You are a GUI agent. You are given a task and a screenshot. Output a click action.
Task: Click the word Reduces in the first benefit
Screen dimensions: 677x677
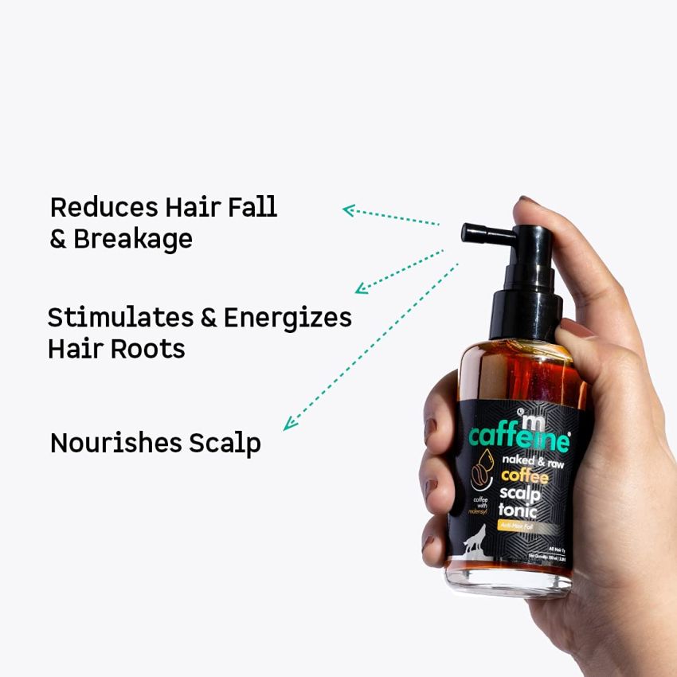click(104, 207)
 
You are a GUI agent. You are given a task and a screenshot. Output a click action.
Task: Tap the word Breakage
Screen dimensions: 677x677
click(133, 239)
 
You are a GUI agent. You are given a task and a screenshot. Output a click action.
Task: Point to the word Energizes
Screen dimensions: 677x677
click(288, 318)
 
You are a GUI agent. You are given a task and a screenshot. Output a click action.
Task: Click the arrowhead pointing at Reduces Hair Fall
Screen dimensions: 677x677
click(348, 209)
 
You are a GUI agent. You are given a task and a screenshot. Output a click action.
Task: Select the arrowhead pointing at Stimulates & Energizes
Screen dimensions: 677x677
click(361, 288)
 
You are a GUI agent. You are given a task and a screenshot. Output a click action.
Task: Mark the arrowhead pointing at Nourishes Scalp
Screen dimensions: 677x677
click(290, 424)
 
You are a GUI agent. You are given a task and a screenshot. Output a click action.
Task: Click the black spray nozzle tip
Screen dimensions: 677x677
click(468, 233)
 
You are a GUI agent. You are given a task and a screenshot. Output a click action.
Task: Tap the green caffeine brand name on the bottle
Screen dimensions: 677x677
click(519, 436)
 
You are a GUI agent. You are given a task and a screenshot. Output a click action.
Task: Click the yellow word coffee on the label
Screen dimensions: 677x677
click(524, 476)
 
